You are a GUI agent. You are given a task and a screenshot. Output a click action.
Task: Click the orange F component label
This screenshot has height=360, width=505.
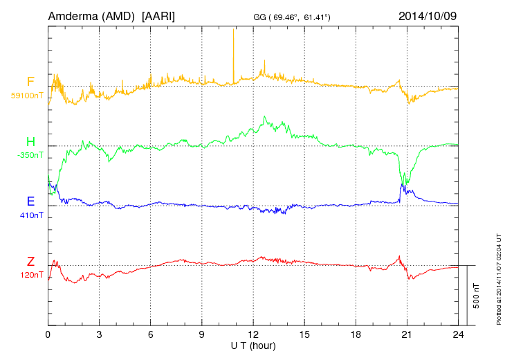point(30,82)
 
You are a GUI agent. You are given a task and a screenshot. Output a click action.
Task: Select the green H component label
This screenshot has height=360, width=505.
point(30,142)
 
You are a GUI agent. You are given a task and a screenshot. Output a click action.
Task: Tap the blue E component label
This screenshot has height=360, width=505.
point(30,201)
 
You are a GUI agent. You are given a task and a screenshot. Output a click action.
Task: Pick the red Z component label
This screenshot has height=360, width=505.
point(30,261)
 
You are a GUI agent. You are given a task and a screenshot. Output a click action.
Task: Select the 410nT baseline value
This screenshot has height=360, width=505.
point(31,215)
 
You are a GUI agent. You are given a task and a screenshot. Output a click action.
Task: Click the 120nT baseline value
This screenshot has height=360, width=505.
point(31,275)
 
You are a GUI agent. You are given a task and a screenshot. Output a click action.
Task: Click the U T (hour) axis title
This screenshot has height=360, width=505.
point(253,345)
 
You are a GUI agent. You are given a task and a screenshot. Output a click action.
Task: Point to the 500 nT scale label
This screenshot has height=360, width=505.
point(476,295)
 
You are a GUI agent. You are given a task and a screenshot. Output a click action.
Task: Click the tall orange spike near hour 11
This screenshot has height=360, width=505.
point(233,48)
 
